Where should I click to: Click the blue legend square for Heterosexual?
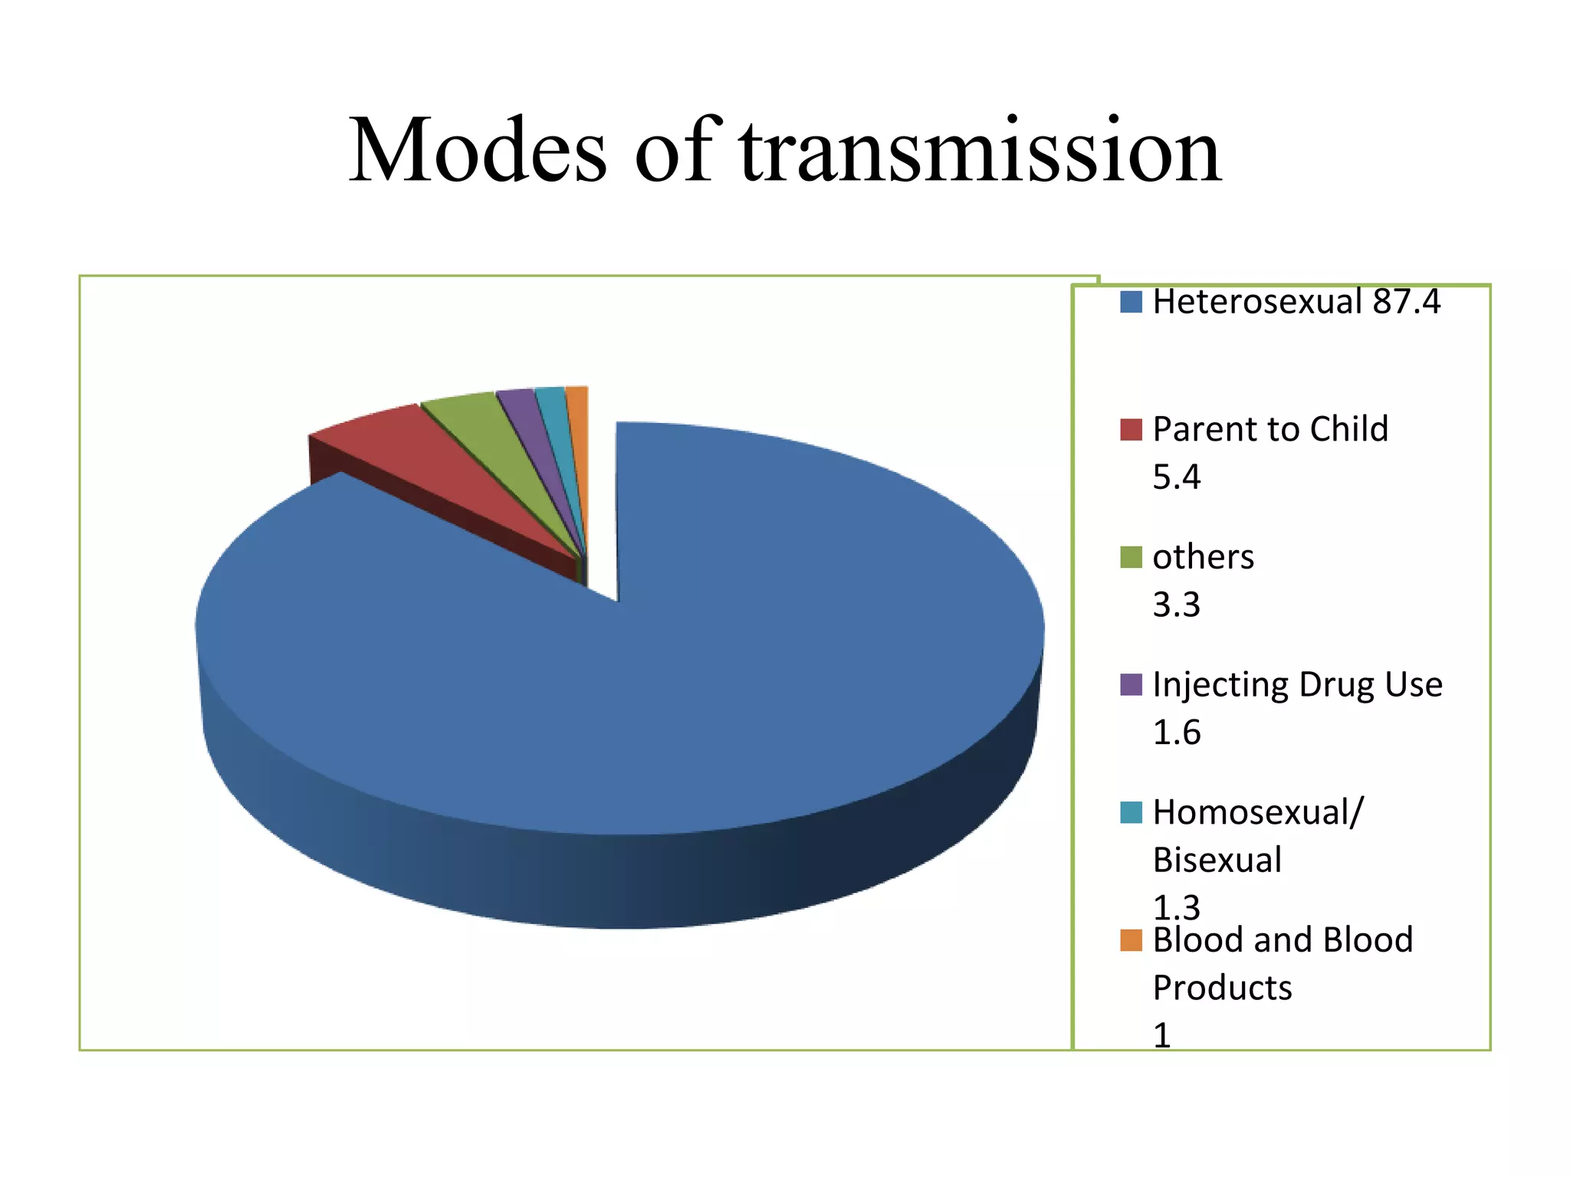[1131, 302]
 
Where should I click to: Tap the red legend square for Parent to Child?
[1131, 429]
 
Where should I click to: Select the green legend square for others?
[1131, 557]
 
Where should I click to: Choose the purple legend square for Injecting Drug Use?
[1131, 684]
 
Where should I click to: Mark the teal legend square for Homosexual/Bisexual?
[1131, 812]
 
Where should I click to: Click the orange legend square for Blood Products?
[1131, 940]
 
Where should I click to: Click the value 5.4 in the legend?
[1176, 477]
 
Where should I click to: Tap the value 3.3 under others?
[1176, 605]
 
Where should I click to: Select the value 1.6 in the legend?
[1176, 733]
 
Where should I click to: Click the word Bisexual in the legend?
[1217, 860]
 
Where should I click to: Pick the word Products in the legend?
[1222, 988]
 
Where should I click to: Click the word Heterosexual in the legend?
[1257, 302]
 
